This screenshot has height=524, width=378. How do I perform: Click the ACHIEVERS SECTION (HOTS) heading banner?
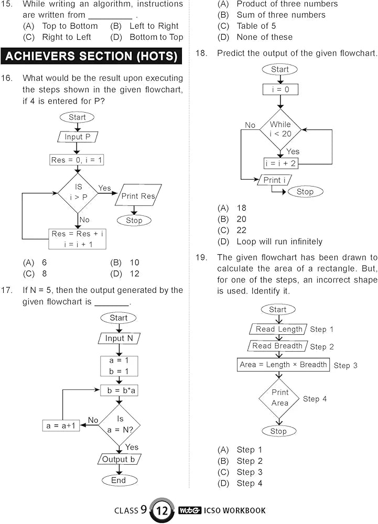click(92, 56)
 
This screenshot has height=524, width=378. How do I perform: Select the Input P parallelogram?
click(78, 137)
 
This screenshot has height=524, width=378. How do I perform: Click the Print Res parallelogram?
click(138, 196)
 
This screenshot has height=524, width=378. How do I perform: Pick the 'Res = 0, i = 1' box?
click(78, 160)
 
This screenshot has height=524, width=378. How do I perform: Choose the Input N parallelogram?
click(119, 339)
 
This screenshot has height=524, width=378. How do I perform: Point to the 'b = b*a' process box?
click(119, 391)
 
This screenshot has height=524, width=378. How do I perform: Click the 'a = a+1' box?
click(61, 425)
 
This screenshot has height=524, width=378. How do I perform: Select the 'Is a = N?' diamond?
click(120, 425)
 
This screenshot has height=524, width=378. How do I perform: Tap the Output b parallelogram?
click(119, 460)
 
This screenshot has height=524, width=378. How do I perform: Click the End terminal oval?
click(119, 480)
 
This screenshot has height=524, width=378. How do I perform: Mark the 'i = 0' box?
click(280, 90)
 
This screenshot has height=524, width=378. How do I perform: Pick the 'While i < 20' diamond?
click(280, 129)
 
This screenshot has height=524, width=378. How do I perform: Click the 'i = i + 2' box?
click(280, 163)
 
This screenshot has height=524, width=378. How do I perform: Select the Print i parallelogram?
click(274, 180)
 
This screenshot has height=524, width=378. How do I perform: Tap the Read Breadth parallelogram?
click(277, 346)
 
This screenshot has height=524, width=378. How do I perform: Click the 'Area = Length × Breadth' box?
click(283, 365)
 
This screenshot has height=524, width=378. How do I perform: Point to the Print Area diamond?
click(279, 398)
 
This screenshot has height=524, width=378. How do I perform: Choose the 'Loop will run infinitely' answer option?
click(279, 242)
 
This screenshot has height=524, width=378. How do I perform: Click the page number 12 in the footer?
click(163, 510)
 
